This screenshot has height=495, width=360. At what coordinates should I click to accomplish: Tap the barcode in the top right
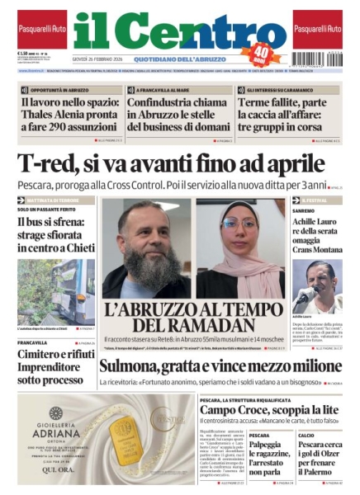click(318, 59)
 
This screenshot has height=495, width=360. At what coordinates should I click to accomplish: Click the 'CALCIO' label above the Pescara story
click(306, 435)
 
